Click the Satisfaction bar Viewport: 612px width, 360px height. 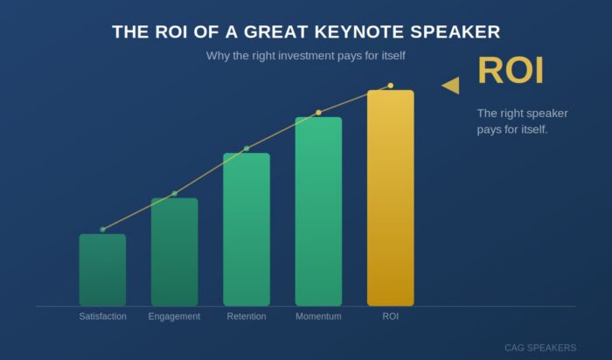click(102, 270)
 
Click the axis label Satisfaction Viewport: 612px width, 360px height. click(102, 316)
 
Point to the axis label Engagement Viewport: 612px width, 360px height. click(174, 316)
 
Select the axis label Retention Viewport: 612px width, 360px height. click(247, 316)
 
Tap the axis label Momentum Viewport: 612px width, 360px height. click(318, 316)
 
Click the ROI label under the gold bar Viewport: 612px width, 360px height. click(390, 316)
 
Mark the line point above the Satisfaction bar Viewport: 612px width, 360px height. click(102, 229)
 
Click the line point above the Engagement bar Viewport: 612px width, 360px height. click(174, 193)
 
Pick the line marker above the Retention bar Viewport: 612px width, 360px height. click(247, 149)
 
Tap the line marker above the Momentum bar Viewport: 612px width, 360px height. click(318, 113)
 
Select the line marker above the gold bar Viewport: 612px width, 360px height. click(390, 86)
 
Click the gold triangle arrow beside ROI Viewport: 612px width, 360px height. click(451, 85)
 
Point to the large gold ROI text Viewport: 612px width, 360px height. click(511, 72)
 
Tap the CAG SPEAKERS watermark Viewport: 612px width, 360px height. click(539, 348)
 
